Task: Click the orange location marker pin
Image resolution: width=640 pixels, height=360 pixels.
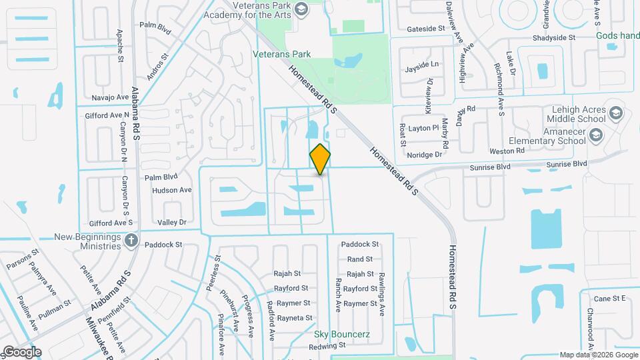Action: pos(321,159)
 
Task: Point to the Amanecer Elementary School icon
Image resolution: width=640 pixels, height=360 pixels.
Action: pos(596,136)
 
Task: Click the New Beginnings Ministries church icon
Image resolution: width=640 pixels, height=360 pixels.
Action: pos(131,240)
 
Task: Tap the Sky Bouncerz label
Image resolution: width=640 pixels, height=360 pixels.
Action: pos(343,333)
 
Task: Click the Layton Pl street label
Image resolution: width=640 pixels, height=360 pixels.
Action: pos(424,127)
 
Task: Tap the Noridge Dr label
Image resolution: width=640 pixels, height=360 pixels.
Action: pos(425,154)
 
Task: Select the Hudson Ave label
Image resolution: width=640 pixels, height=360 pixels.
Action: pos(171,190)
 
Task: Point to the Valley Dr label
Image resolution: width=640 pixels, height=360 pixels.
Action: pos(171,222)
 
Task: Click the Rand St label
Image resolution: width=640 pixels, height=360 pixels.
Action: pos(359,259)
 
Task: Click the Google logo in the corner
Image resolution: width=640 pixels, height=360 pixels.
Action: pos(21,352)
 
